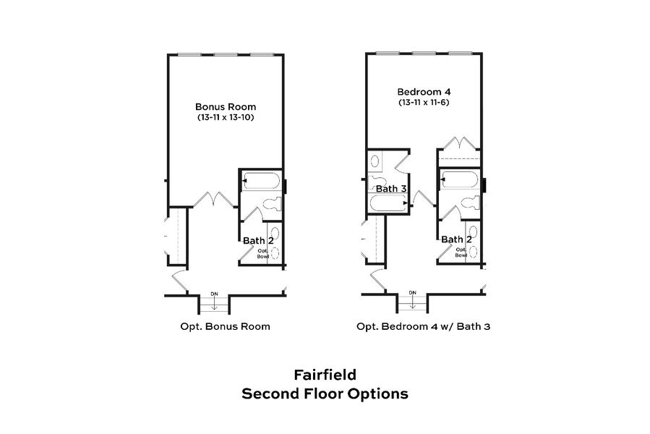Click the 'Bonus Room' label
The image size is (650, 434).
[226, 106]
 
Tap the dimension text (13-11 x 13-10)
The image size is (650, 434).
[226, 117]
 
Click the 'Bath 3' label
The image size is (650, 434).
[391, 189]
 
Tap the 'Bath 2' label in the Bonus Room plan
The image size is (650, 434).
[257, 240]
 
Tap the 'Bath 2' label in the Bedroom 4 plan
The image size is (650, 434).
[457, 239]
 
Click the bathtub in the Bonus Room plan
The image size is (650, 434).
[261, 179]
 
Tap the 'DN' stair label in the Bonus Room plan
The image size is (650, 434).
[214, 293]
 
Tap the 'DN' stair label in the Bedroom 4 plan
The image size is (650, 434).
[413, 292]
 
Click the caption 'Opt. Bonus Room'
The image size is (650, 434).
[225, 326]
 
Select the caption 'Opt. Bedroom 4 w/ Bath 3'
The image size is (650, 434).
[423, 326]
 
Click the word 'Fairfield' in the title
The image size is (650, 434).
[325, 375]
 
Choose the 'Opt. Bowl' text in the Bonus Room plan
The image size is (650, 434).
[262, 253]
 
